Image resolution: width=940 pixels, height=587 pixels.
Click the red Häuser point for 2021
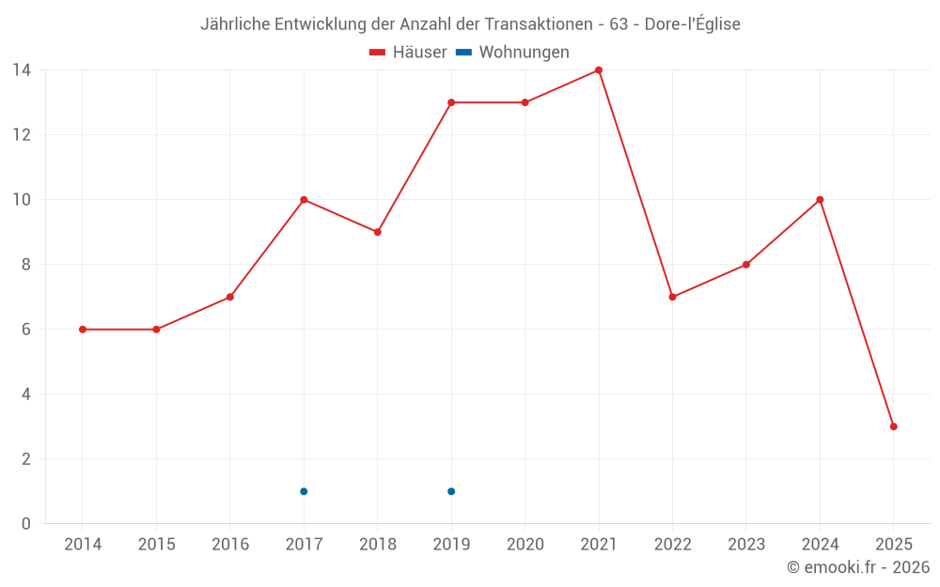pos(599,70)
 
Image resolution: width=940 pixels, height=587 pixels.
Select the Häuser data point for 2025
pos(894,426)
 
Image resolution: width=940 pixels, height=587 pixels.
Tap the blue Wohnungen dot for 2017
pos(304,491)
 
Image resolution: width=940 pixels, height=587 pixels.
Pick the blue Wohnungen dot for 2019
pos(451,491)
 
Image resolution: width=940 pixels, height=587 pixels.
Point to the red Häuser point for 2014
pos(83,330)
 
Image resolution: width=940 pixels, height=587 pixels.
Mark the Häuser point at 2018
pos(378,232)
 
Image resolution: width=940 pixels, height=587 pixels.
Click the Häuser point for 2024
pos(820,200)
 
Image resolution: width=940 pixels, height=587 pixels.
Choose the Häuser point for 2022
pos(672,297)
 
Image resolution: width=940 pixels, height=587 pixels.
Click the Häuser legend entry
pos(408,53)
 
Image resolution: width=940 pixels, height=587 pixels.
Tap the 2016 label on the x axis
pos(230,545)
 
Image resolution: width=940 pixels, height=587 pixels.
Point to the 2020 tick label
pos(525,545)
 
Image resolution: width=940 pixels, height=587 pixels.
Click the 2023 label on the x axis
pos(746,545)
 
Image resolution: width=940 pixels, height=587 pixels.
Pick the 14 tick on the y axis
pos(22,70)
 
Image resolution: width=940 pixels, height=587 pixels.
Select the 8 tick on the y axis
pos(26,265)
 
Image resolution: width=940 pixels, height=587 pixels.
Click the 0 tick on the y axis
pos(26,524)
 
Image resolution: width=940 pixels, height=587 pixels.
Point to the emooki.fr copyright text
pos(858,567)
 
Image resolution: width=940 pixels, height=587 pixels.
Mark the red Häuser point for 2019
pos(451,102)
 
